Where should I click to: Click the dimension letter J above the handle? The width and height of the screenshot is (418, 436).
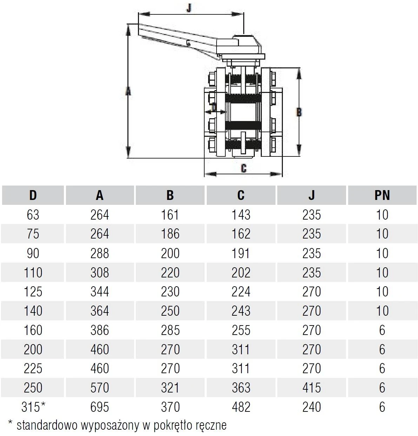[189, 8]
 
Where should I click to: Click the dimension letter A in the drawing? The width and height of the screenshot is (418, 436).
[128, 91]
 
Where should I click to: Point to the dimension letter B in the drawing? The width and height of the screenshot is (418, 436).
[299, 112]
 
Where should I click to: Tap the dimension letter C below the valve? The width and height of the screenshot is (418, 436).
[244, 168]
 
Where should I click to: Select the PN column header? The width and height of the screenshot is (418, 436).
[382, 195]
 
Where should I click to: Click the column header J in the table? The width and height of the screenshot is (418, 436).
[312, 195]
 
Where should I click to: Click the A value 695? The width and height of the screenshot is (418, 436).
[100, 407]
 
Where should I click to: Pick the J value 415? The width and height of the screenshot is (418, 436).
[312, 388]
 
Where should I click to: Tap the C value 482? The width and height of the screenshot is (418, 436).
[241, 407]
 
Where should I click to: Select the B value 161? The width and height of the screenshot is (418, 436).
[170, 215]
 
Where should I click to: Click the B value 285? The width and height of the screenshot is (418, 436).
[170, 330]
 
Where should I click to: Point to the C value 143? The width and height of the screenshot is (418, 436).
[241, 215]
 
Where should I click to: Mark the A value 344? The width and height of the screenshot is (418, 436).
[100, 291]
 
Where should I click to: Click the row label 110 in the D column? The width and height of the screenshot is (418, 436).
[33, 273]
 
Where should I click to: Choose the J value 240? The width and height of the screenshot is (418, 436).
[312, 407]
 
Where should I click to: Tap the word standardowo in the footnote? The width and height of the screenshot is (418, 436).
[47, 425]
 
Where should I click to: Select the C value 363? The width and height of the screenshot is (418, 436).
[241, 388]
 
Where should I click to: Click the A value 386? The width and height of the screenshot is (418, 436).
[100, 330]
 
